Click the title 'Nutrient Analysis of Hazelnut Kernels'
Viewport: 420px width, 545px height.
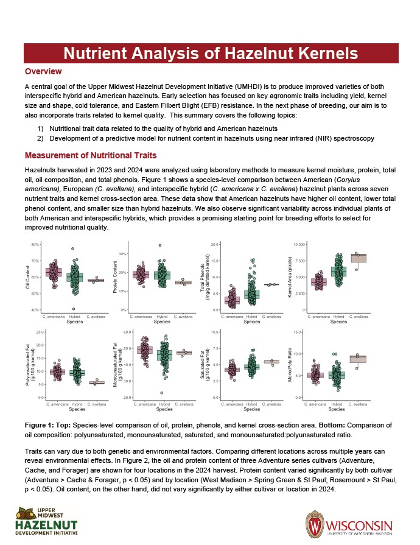pyautogui.click(x=211, y=53)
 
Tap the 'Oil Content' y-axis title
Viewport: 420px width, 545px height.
pyautogui.click(x=27, y=278)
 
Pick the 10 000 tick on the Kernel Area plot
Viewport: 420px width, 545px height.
pyautogui.click(x=298, y=244)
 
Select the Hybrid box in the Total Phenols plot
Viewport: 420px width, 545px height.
pyautogui.click(x=251, y=295)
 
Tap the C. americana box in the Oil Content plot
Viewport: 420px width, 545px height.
pyautogui.click(x=54, y=272)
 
